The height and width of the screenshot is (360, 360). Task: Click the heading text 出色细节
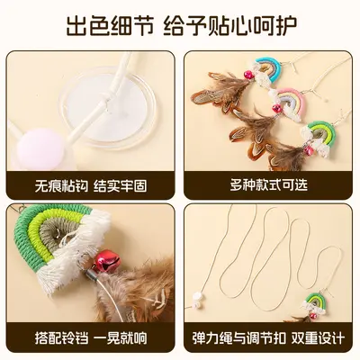[110, 26]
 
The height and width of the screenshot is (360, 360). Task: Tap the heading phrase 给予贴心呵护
[230, 26]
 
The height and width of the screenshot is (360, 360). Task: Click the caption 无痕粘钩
[61, 186]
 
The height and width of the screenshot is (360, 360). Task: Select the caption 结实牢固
[121, 186]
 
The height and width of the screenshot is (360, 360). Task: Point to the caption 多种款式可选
[269, 184]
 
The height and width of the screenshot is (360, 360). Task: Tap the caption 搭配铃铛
[61, 337]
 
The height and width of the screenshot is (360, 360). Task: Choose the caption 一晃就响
[121, 337]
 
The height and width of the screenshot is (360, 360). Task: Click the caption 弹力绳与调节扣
[239, 337]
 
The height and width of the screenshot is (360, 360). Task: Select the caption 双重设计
[318, 337]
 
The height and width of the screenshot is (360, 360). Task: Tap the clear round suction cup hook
[107, 107]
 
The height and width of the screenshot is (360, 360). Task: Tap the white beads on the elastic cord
[198, 299]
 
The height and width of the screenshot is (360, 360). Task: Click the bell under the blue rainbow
[248, 75]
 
